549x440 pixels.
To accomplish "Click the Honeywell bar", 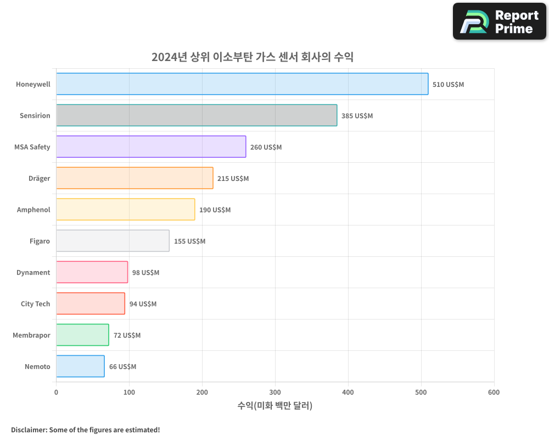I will tap(242, 84).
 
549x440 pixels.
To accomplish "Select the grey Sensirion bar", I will tap(197, 116).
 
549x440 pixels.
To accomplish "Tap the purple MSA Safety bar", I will tap(151, 147).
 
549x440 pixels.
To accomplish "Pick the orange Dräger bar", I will tap(135, 178).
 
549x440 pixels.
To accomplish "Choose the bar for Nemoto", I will tap(80, 366).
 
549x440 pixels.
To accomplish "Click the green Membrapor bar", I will tap(82, 335).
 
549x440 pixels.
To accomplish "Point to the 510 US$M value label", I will tap(448, 85).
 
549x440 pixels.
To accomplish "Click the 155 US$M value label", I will tap(189, 241).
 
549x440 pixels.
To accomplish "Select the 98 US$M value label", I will tap(145, 273).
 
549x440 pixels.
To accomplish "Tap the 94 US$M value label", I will tap(143, 304).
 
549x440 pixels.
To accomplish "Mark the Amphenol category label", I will tap(33, 210).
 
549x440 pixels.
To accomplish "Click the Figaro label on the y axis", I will tap(40, 241).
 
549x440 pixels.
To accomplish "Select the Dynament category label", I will tap(33, 273).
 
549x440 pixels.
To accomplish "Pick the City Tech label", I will tap(35, 304).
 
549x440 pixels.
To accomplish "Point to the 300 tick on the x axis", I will tap(275, 392).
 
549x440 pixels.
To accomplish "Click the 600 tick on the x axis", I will tap(494, 392).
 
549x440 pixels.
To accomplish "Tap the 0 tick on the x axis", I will tap(56, 392).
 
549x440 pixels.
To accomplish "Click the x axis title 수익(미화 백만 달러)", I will tap(274, 406).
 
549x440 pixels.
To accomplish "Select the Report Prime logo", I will tap(499, 21).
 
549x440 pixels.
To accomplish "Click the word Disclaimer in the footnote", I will tap(29, 430).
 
